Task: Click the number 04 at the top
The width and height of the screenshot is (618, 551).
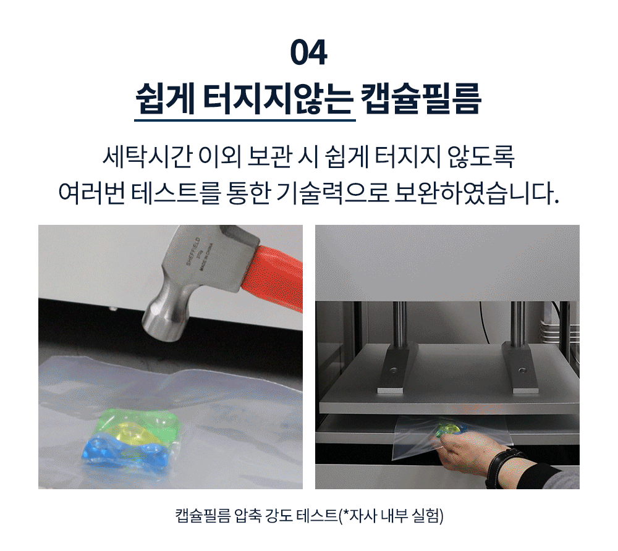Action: tap(308, 53)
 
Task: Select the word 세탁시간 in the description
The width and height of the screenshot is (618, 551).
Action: tap(147, 157)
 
